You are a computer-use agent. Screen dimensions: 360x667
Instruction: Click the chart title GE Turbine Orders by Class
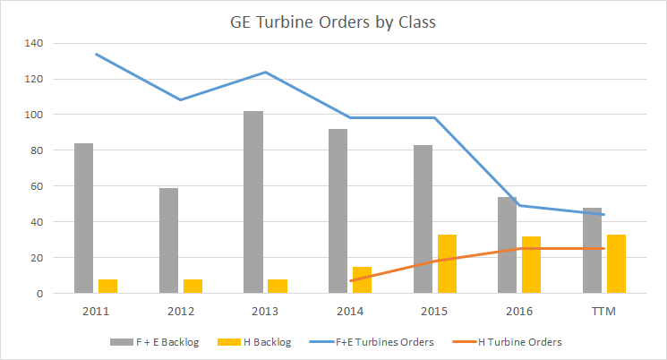[332, 21]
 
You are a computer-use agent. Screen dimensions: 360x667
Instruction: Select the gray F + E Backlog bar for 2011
[83, 218]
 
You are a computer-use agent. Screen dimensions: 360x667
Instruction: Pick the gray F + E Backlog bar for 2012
[168, 240]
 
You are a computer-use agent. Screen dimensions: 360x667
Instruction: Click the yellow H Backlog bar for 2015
[447, 263]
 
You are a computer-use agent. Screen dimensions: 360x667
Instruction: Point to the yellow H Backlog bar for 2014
[362, 279]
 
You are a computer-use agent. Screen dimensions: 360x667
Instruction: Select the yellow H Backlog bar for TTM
[616, 263]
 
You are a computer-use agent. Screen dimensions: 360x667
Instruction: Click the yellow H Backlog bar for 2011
[107, 286]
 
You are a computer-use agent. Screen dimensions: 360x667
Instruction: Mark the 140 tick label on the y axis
[31, 43]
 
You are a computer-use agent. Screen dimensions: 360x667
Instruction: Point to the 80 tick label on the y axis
[35, 150]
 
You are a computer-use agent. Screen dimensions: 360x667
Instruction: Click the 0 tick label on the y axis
[38, 293]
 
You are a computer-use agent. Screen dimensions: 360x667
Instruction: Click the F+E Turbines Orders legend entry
[374, 341]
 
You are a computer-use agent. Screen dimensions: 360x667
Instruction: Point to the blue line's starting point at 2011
[96, 54]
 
